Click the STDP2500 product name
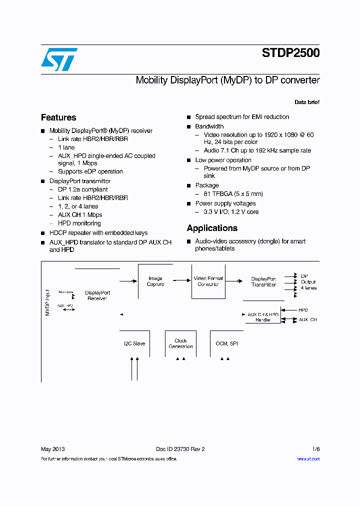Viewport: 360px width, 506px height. (x=290, y=53)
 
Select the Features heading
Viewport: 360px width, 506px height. (x=58, y=117)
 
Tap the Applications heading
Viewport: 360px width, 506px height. (x=212, y=228)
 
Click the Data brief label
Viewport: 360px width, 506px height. (x=307, y=102)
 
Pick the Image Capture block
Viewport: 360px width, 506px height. (x=155, y=281)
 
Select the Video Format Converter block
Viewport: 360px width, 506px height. (x=208, y=281)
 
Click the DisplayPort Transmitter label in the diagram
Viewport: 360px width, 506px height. (x=263, y=282)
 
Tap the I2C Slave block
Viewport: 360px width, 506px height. (x=134, y=343)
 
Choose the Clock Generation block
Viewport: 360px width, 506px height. (x=180, y=343)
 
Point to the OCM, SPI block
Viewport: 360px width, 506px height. (x=226, y=343)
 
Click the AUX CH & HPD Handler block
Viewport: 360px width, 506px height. (x=263, y=317)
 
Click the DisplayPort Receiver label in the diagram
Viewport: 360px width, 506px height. (x=97, y=295)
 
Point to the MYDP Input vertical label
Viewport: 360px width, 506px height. (x=47, y=302)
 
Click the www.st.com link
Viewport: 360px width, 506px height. (x=308, y=458)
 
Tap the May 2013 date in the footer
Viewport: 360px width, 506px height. (x=52, y=449)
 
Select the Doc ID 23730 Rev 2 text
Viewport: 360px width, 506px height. (x=180, y=449)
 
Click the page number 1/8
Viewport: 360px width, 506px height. (x=316, y=449)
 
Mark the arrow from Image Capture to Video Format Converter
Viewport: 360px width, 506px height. (x=183, y=281)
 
